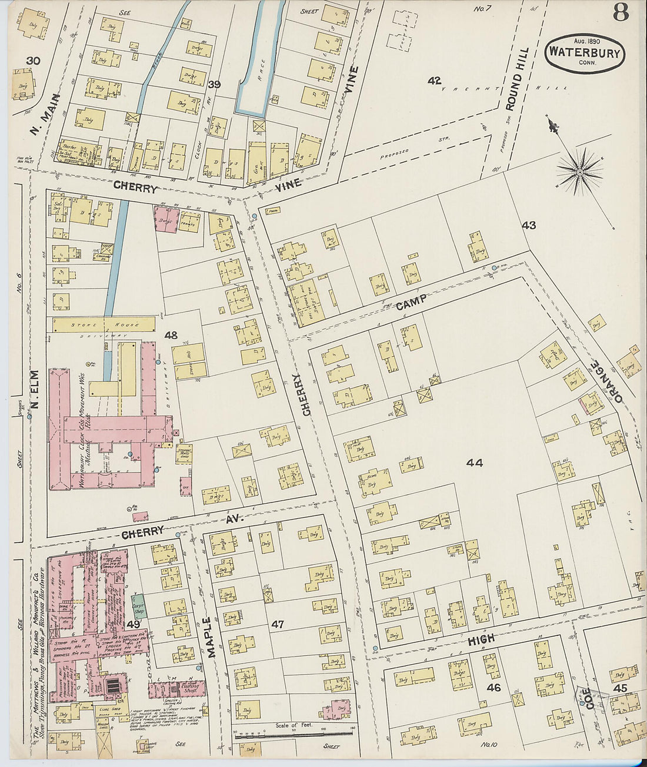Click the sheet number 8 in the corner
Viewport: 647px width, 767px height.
pyautogui.click(x=621, y=12)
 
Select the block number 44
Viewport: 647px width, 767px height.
pyautogui.click(x=474, y=463)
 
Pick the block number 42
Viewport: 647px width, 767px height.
pyautogui.click(x=434, y=81)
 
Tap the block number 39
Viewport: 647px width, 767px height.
pyautogui.click(x=214, y=85)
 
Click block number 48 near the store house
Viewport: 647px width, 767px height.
pyautogui.click(x=171, y=336)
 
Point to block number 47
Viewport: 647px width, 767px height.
pyautogui.click(x=278, y=624)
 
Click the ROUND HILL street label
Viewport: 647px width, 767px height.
pyautogui.click(x=518, y=79)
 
